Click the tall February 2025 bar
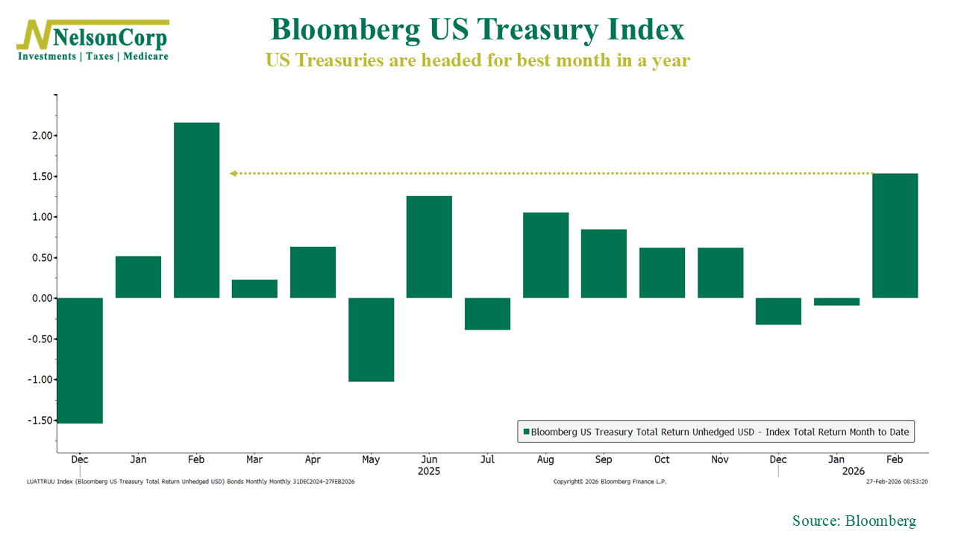click(x=196, y=210)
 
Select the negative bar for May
click(x=371, y=339)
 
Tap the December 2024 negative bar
click(x=80, y=360)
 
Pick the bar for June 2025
click(x=429, y=247)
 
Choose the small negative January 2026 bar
click(x=836, y=301)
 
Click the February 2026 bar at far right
click(x=895, y=236)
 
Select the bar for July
click(x=487, y=313)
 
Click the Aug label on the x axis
click(x=545, y=460)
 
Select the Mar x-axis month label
click(x=254, y=460)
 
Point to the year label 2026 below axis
click(x=854, y=471)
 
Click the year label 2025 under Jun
click(x=429, y=471)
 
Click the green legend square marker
click(x=525, y=431)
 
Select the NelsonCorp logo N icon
click(x=35, y=36)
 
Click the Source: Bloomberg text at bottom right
click(x=854, y=521)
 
